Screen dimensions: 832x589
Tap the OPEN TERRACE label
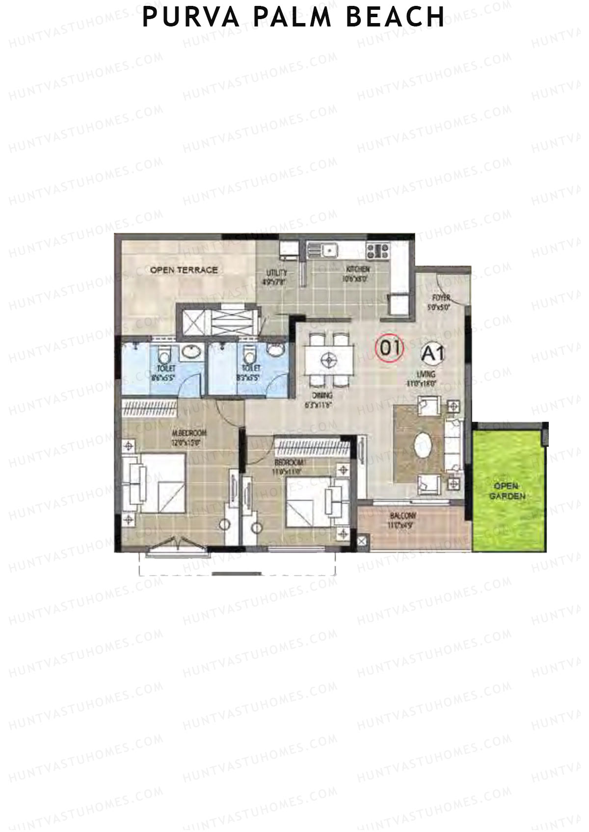(x=184, y=270)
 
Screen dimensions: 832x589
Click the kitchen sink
(x=327, y=252)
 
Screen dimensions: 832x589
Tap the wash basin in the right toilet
(x=276, y=350)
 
